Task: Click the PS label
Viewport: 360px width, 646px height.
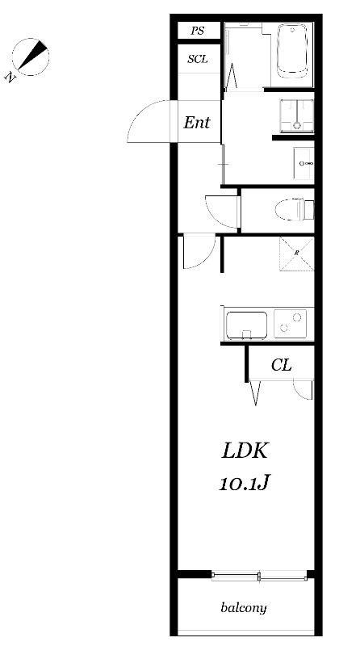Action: (x=198, y=31)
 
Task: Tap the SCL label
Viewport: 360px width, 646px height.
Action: (x=197, y=59)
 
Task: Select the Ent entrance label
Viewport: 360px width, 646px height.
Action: (x=196, y=123)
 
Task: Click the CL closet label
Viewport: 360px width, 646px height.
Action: (x=282, y=365)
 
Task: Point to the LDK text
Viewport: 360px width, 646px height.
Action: (x=245, y=451)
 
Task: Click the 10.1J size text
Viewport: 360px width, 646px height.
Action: (x=244, y=483)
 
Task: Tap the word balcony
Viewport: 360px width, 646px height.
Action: (x=244, y=608)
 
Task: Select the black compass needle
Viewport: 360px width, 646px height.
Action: (x=32, y=54)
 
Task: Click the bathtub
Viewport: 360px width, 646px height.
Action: (x=292, y=50)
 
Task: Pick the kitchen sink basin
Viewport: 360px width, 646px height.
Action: (x=246, y=325)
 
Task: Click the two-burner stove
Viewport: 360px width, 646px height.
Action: (x=290, y=324)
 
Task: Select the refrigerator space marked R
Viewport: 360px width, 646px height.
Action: (x=296, y=254)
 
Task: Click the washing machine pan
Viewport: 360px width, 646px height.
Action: (x=296, y=115)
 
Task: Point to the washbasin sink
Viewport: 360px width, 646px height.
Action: (x=304, y=164)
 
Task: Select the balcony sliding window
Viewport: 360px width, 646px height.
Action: (x=259, y=576)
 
